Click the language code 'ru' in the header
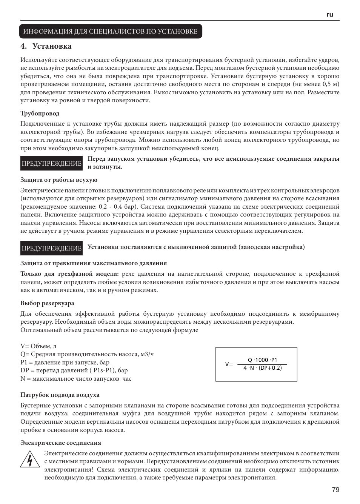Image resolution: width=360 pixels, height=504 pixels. (330, 14)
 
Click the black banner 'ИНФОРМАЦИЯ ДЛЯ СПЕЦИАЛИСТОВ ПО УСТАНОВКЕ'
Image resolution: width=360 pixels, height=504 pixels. (111, 31)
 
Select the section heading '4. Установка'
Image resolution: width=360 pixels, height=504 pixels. (46, 46)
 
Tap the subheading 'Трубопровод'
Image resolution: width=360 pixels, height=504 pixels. (40, 114)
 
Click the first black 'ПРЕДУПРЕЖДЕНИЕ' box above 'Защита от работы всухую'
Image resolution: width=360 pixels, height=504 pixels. (52, 163)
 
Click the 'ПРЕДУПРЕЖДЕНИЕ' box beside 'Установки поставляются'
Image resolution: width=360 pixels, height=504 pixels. (52, 248)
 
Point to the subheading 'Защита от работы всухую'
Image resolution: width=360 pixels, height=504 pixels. (59, 180)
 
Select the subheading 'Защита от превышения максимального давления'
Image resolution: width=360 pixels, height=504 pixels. (94, 263)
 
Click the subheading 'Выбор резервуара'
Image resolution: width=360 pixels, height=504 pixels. (47, 303)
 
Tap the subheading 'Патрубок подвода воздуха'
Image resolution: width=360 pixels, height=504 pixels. (60, 395)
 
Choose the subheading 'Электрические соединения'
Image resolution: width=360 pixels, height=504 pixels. (61, 443)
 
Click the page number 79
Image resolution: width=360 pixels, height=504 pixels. (335, 490)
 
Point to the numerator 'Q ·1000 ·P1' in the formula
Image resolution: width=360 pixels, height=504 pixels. (262, 360)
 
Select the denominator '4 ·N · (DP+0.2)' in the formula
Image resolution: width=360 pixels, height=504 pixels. (263, 368)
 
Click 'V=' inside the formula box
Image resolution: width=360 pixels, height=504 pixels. (229, 364)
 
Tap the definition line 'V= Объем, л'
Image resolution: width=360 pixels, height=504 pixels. (38, 346)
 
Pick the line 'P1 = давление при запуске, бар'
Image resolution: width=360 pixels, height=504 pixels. (65, 363)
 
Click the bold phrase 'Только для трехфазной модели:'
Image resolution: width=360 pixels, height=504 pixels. (69, 274)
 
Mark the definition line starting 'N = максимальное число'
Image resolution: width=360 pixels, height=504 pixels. (76, 379)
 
